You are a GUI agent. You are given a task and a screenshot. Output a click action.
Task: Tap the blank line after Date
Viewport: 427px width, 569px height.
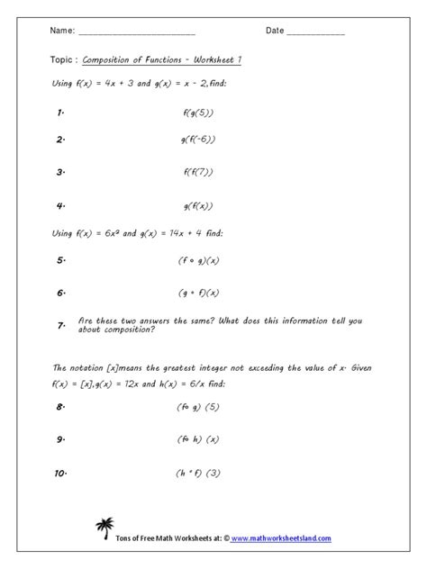316,32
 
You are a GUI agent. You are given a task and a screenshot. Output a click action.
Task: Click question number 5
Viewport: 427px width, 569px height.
61,260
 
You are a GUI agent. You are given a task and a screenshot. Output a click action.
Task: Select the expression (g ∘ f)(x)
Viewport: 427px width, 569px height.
198,293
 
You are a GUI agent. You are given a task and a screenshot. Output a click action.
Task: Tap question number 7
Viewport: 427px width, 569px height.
61,324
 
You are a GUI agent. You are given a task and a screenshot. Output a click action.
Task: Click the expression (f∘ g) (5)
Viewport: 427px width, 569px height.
198,407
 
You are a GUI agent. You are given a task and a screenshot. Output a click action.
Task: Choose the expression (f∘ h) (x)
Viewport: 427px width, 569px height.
198,440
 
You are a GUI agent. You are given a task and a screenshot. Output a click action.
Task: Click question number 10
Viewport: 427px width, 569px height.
63,474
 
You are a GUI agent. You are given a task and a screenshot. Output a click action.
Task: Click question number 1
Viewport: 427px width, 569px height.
61,113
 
